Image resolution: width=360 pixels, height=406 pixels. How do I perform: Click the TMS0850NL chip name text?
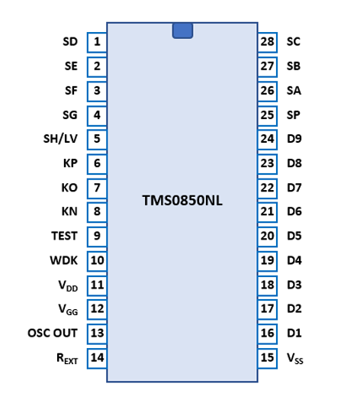[x=182, y=201]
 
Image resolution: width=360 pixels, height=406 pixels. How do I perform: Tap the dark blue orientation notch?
[x=182, y=31]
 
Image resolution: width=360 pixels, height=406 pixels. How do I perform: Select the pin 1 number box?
[x=97, y=42]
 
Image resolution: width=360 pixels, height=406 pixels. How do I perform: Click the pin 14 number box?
[x=97, y=359]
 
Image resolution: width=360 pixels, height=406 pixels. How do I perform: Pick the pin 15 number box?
[x=268, y=359]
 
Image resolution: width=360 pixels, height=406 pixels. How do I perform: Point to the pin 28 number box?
[x=268, y=42]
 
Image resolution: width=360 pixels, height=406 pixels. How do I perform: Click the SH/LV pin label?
[x=60, y=139]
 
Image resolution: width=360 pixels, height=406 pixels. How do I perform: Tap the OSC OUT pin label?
[x=53, y=333]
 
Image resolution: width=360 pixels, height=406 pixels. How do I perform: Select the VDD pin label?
[x=68, y=286]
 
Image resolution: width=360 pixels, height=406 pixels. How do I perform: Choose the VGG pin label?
[x=68, y=309]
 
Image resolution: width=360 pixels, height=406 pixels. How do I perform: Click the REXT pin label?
[x=67, y=359]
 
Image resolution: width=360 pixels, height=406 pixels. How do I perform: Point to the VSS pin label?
[x=295, y=359]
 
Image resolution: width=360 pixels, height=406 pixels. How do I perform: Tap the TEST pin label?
[x=64, y=236]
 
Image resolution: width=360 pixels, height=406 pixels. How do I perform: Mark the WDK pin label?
[x=63, y=260]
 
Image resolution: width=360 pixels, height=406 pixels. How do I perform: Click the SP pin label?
[x=294, y=115]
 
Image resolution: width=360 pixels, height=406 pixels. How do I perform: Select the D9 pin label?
[x=294, y=139]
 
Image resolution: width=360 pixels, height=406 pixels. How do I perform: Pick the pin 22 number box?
[x=268, y=188]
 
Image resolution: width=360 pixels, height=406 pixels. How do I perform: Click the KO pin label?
[x=69, y=188]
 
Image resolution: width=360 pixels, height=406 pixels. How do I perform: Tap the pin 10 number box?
[x=97, y=261]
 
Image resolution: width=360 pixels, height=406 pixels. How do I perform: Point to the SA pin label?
[x=294, y=91]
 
